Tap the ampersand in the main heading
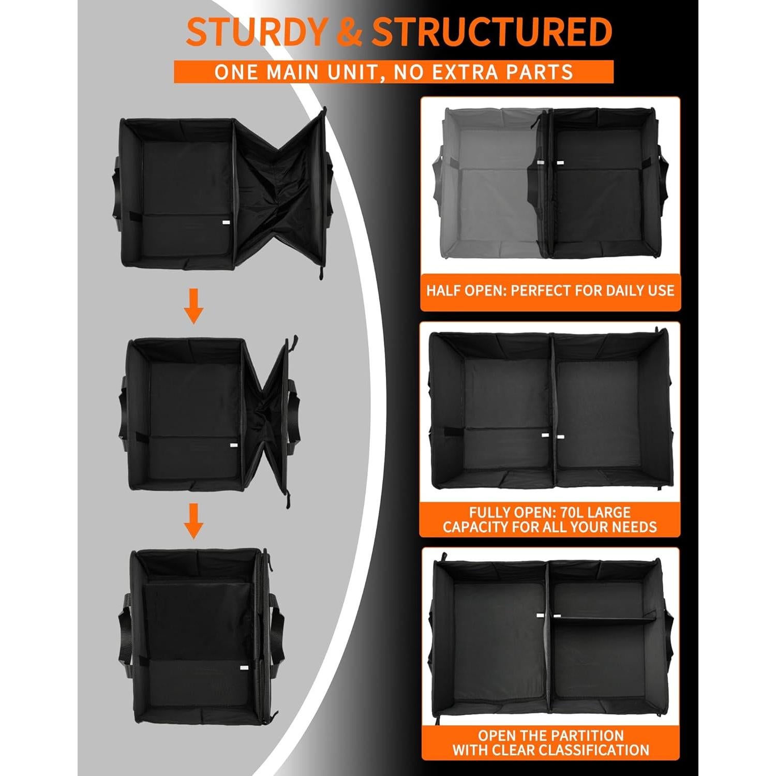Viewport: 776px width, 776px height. (x=350, y=32)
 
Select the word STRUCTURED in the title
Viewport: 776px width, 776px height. (x=492, y=32)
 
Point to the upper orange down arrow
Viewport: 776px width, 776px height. (x=194, y=306)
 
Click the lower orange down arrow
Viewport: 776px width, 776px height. (x=194, y=520)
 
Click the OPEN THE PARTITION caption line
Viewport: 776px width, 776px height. (x=550, y=736)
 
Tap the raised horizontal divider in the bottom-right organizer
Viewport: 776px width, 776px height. (x=605, y=616)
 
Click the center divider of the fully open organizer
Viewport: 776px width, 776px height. (x=553, y=409)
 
